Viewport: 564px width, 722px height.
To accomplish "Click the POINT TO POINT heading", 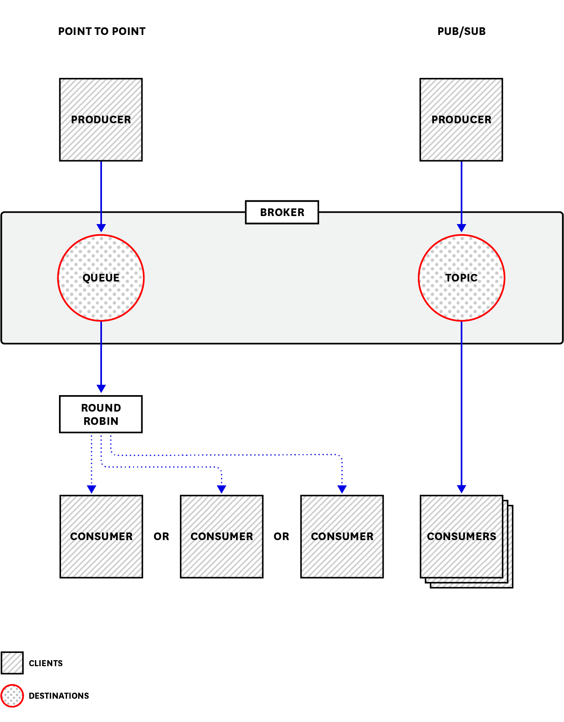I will point(102,31).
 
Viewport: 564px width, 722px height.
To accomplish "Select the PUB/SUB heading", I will point(461,31).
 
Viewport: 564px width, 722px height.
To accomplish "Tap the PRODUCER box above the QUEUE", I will point(101,120).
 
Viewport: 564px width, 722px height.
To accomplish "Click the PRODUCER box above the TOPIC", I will point(461,120).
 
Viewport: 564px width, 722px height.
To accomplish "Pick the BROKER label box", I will point(282,212).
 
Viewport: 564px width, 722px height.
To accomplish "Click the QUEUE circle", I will point(101,278).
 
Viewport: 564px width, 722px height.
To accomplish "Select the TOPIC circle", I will point(461,278).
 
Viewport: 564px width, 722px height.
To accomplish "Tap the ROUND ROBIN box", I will point(101,414).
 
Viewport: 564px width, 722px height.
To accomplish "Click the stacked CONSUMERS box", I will point(462,537).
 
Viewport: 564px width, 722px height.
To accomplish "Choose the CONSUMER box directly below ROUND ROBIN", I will point(101,537).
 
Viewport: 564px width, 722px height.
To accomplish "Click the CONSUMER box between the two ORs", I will point(222,537).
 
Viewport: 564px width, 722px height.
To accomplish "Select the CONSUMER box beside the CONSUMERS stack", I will point(342,537).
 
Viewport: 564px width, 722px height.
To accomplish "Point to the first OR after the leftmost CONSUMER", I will point(161,536).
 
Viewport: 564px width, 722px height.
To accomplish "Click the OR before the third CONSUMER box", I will point(281,536).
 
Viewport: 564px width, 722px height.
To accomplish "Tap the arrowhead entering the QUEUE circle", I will point(101,228).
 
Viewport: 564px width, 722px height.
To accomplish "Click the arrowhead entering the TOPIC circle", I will point(462,228).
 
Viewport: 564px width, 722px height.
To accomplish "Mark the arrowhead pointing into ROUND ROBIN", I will point(101,388).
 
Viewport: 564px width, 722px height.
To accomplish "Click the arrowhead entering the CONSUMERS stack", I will point(462,489).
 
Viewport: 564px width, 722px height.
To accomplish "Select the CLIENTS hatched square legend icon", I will point(12,663).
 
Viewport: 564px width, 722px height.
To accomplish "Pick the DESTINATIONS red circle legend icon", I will point(12,695).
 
